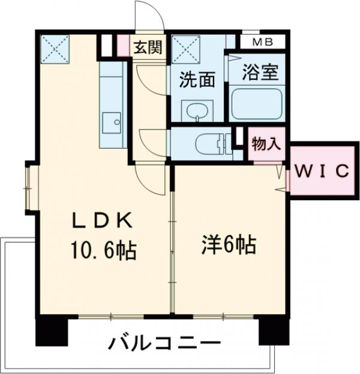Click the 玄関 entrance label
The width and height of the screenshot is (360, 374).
148,47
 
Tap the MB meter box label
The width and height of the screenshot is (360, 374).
261,42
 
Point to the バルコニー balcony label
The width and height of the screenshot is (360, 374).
164,345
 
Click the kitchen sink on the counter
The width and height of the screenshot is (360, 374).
112,122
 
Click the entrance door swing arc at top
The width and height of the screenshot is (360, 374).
149,16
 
